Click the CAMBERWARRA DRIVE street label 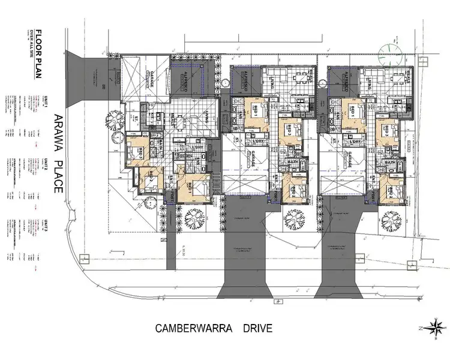[x=214, y=328]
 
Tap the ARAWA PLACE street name [x=58, y=153]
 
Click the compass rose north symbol [x=436, y=327]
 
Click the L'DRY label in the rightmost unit [x=355, y=142]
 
